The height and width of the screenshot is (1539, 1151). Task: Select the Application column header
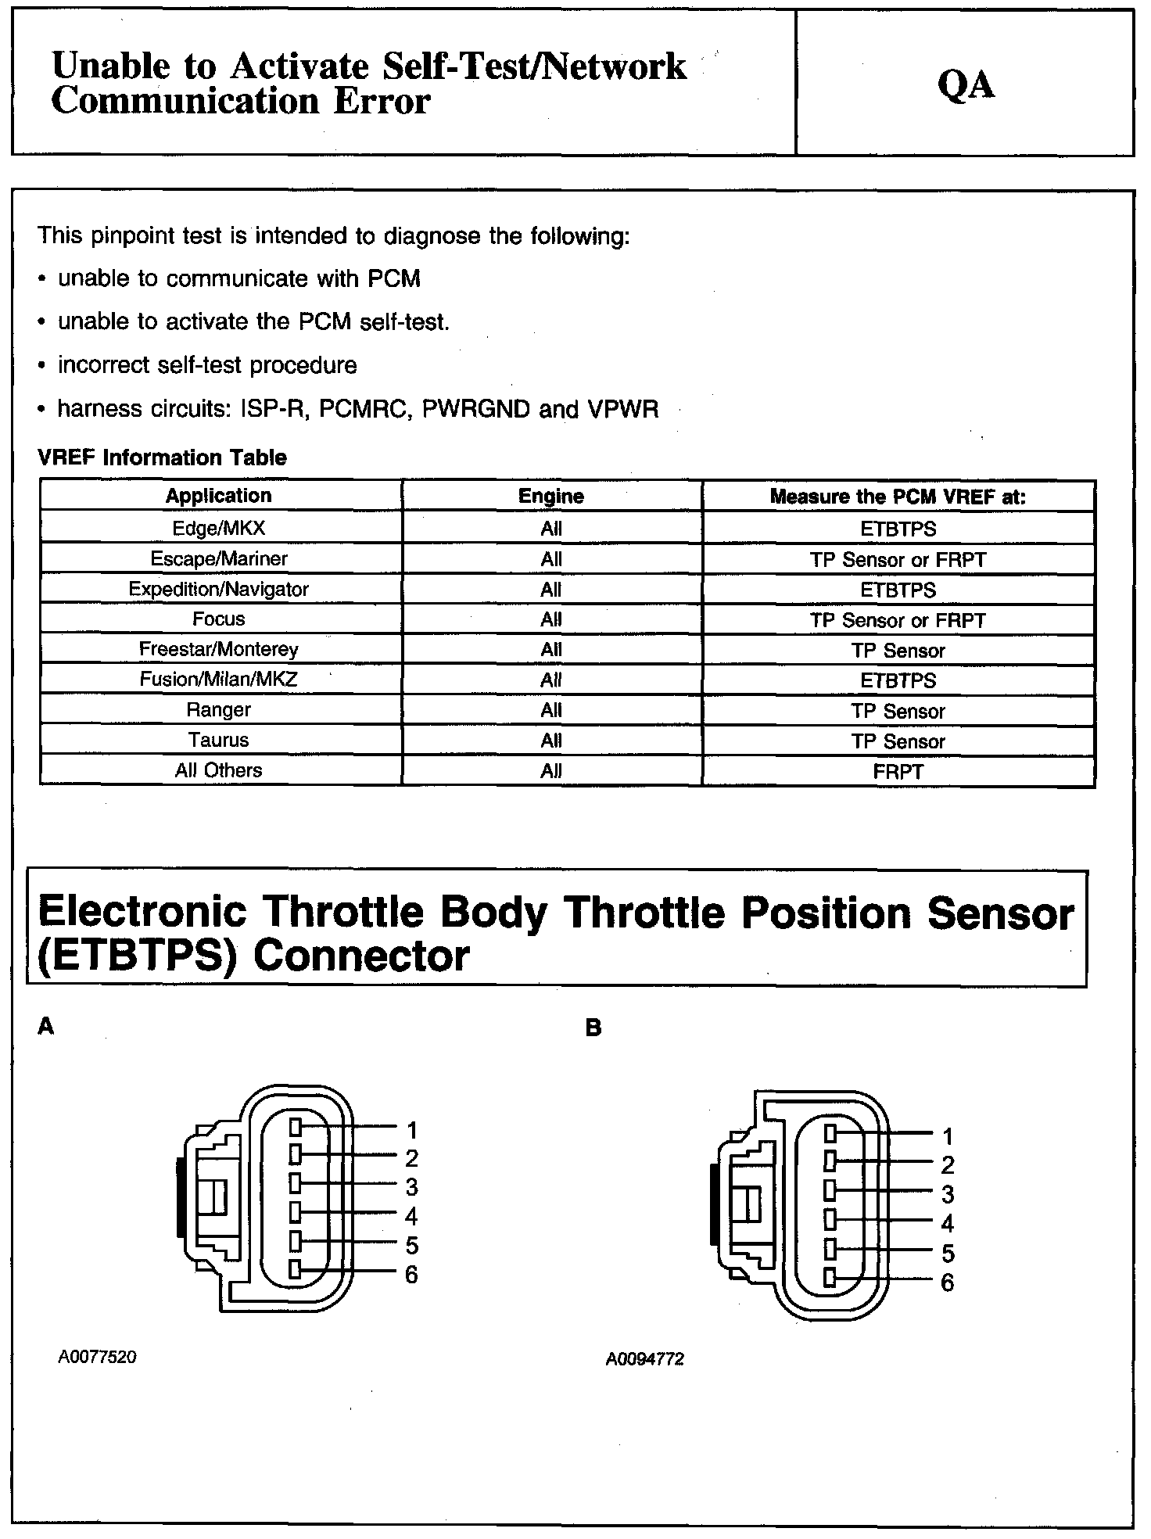pos(219,496)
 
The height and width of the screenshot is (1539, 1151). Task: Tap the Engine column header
pos(550,497)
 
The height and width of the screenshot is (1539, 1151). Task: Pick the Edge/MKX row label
pos(219,529)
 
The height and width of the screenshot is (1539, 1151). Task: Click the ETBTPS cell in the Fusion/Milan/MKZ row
pos(898,680)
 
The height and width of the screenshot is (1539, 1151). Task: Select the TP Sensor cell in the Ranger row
pos(898,711)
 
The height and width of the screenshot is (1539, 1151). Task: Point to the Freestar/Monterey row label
pos(219,650)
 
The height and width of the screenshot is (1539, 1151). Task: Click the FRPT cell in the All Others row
pos(898,772)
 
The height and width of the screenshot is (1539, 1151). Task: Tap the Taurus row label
pos(219,741)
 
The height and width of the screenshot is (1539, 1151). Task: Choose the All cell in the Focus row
pos(550,620)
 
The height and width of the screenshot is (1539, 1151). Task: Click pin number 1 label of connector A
pos(411,1130)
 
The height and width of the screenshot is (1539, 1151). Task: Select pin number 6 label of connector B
pos(947,1282)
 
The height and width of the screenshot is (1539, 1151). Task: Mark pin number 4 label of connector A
pos(411,1216)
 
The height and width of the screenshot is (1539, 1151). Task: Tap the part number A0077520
pos(97,1358)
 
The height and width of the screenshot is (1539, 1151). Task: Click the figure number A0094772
pos(644,1360)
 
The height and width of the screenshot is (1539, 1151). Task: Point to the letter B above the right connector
pos(593,1028)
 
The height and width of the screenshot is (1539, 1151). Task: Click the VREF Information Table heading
pos(162,457)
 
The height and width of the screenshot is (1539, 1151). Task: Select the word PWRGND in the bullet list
pos(475,409)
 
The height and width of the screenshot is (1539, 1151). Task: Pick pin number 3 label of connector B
pos(947,1195)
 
